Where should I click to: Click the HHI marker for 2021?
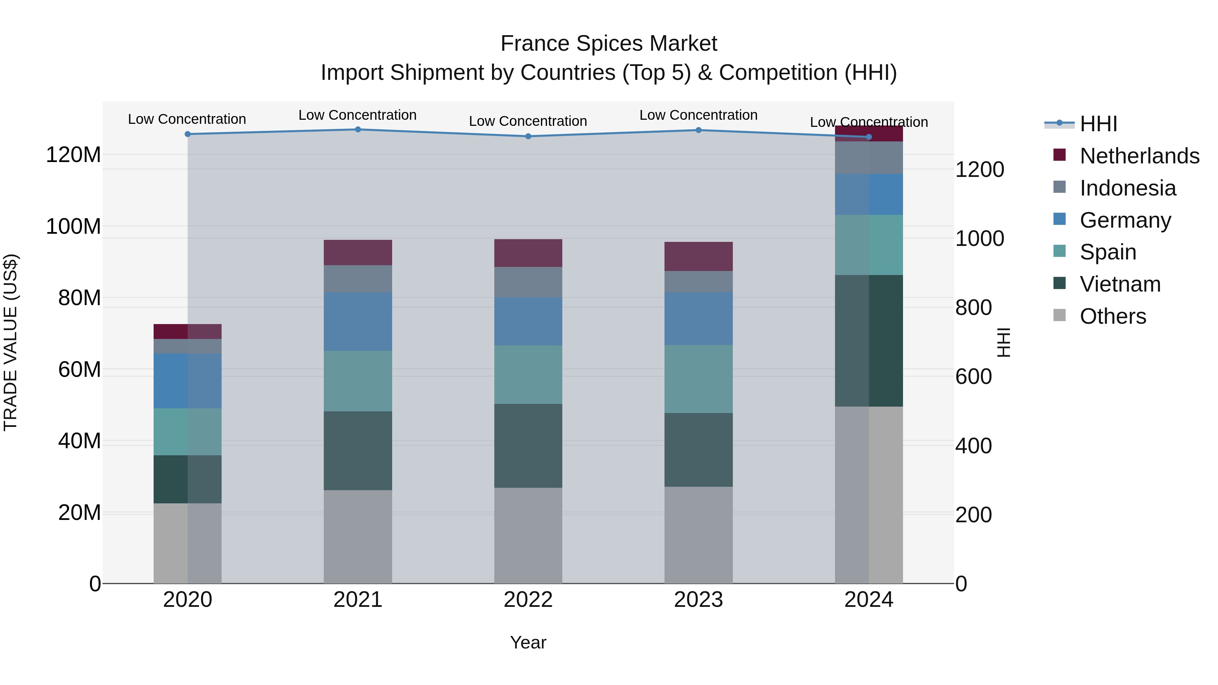pos(358,130)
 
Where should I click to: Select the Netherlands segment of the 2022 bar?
pos(528,253)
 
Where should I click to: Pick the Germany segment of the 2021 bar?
pos(358,321)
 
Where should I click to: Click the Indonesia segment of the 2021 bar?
pos(358,279)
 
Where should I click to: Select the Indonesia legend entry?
pos(1127,188)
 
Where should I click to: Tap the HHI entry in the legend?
pos(1098,124)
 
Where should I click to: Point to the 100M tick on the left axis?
pos(73,226)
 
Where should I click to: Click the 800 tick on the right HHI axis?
pos(973,308)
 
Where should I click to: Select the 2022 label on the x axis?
pos(528,600)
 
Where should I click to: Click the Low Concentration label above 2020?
pos(187,119)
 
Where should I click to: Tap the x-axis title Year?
pos(528,642)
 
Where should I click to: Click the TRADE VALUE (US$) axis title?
pos(10,342)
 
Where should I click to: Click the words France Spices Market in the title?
pos(609,44)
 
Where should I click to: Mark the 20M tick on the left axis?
pos(80,512)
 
